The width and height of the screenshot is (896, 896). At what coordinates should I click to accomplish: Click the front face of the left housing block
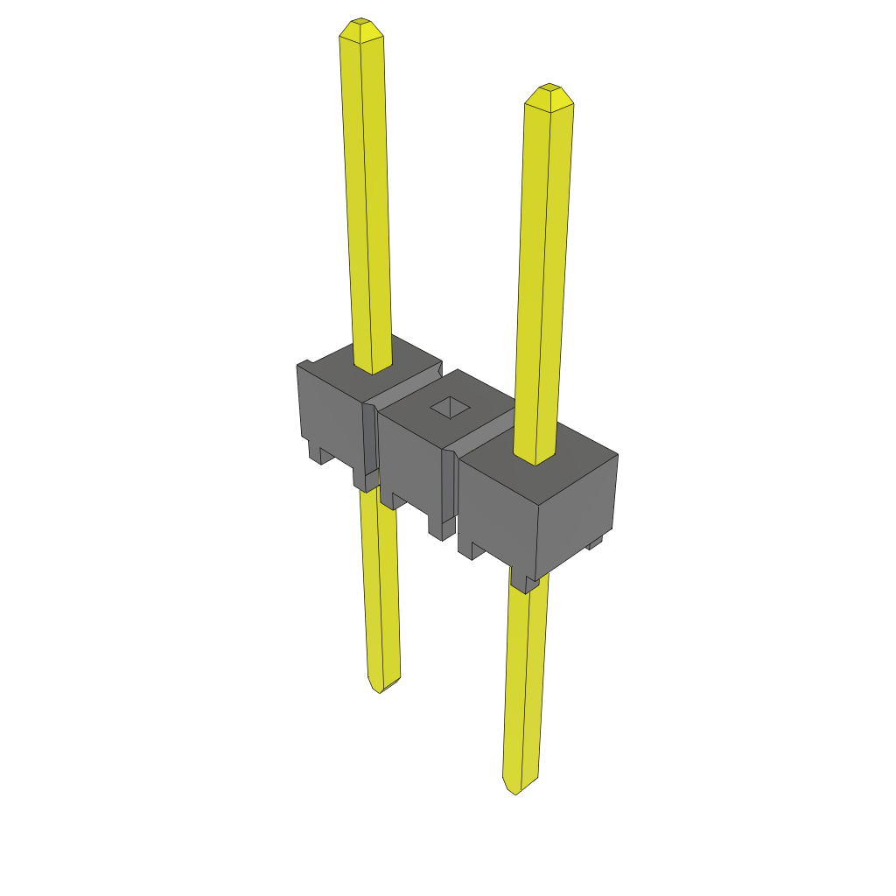[x=329, y=408]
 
